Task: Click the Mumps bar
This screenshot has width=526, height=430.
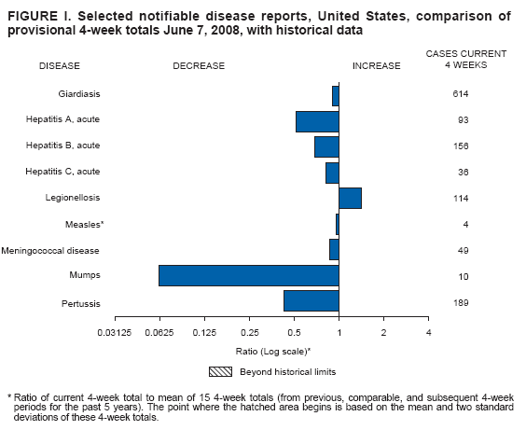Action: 249,275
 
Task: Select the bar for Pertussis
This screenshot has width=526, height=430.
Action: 311,300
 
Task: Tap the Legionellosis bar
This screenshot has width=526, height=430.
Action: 350,198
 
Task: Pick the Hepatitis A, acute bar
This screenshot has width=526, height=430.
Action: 317,120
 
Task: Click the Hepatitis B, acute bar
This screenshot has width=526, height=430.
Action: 326,146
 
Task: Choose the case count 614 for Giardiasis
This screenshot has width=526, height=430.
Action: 460,94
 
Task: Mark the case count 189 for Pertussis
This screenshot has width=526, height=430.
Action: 460,302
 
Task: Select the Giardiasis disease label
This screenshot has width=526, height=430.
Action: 78,94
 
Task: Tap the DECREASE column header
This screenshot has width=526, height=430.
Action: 199,66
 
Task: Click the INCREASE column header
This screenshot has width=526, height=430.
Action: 376,66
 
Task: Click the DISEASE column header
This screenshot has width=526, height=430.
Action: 60,66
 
